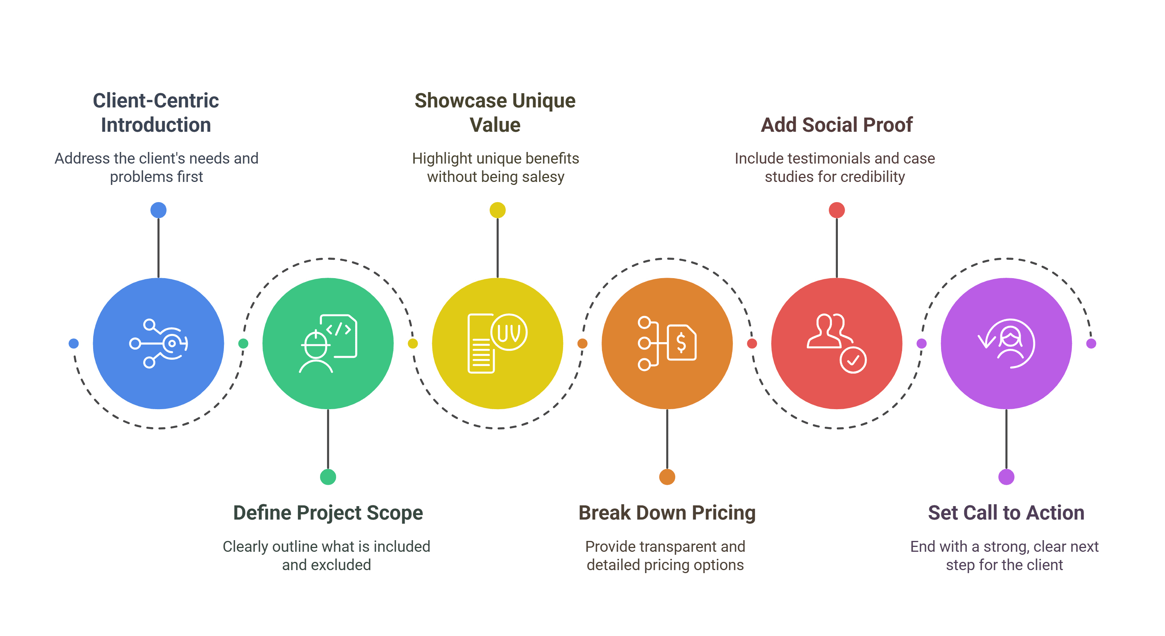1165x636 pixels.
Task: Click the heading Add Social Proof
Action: tap(836, 125)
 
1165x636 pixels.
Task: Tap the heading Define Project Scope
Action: tap(328, 513)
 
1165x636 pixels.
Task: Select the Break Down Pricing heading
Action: tap(667, 513)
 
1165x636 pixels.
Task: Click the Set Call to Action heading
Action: tap(1006, 513)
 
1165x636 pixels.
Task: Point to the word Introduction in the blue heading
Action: tap(156, 125)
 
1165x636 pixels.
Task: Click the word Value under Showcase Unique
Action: tap(495, 125)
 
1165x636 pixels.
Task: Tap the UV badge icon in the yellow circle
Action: tap(509, 332)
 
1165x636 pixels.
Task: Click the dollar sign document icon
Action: tap(682, 343)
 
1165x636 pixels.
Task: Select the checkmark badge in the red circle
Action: tap(853, 360)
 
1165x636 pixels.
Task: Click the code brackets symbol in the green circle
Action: tap(339, 329)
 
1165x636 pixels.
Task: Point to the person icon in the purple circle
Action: tap(1010, 343)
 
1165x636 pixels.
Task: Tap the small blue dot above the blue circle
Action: tap(158, 210)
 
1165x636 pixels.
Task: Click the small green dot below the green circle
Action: tap(328, 477)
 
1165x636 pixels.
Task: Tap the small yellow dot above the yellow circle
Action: tap(498, 210)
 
